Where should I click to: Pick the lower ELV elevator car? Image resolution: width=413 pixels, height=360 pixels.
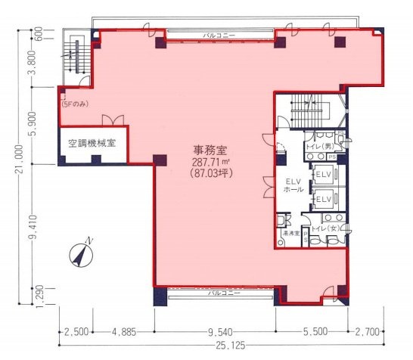click(x=323, y=199)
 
